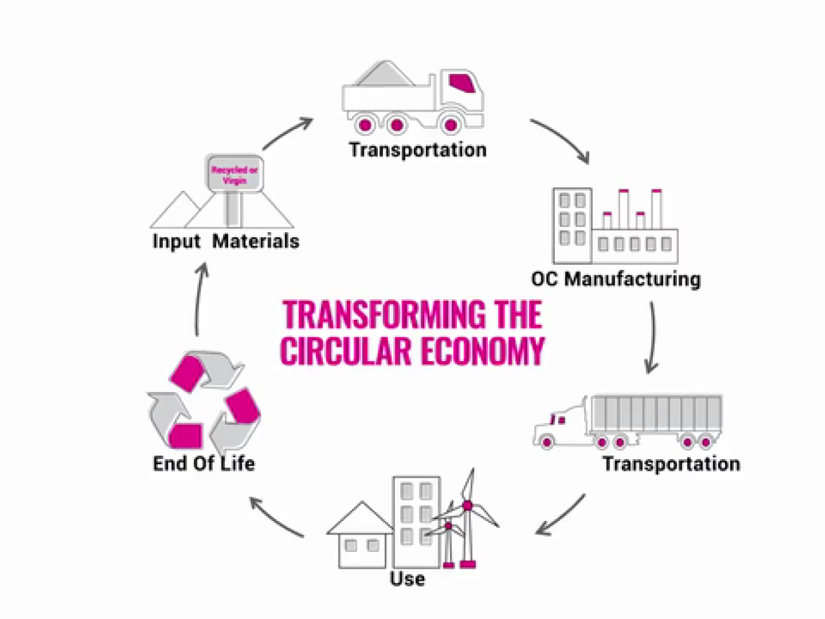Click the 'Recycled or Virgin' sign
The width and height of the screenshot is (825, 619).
[x=235, y=175]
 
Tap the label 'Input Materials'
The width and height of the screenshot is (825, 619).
[x=226, y=241]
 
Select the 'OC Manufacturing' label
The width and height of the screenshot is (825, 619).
[x=616, y=279]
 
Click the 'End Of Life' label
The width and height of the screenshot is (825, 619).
[x=204, y=463]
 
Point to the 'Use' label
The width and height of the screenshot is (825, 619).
[x=407, y=578]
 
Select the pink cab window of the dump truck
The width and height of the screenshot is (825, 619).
[x=462, y=82]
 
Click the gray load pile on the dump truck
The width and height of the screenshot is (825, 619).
[x=385, y=75]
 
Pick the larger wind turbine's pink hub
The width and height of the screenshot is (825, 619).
[x=468, y=506]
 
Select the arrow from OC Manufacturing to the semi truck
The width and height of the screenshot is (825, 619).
[x=652, y=339]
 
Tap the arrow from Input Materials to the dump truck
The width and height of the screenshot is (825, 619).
[x=287, y=133]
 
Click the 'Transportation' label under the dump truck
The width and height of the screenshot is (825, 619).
[x=418, y=150]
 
